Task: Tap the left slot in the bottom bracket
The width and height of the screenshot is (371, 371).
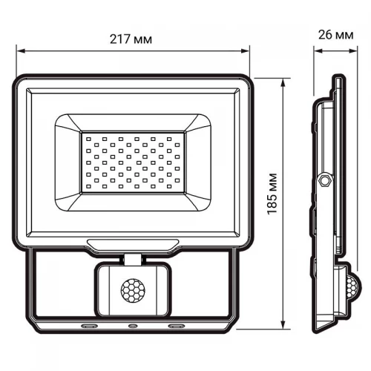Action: tap(88, 326)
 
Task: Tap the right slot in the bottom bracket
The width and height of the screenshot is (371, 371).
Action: tap(178, 326)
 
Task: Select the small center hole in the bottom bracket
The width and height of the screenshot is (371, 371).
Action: tap(133, 326)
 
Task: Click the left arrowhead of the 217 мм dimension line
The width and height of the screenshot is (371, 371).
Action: tap(19, 52)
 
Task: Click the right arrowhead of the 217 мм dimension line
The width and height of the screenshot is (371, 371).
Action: tap(247, 52)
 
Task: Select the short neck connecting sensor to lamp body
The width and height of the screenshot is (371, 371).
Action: tap(133, 259)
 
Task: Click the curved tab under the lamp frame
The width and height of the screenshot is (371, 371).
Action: tap(133, 243)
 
